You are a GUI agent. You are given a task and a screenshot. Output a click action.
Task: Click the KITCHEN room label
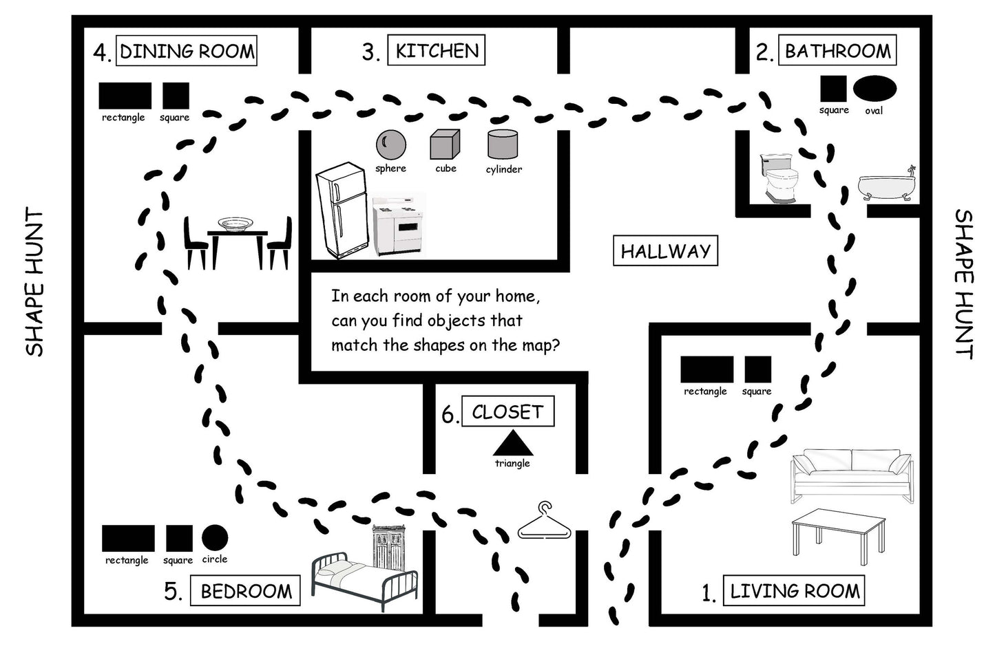pos(437,51)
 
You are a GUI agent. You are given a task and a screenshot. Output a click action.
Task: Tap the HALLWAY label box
pos(665,251)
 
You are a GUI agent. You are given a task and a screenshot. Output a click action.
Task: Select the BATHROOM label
pos(837,51)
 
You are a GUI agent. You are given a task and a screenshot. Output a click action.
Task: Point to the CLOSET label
pos(507,412)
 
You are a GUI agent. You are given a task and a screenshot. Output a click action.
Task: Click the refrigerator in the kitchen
pos(340,211)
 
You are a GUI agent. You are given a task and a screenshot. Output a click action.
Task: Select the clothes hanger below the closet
pos(545,523)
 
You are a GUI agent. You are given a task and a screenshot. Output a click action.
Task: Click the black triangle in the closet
pos(513,444)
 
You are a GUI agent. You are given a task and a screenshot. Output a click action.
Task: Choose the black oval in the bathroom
pos(874,89)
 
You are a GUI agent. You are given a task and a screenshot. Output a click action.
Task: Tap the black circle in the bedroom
pos(214,538)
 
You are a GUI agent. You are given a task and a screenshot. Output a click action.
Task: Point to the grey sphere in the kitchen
pos(390,144)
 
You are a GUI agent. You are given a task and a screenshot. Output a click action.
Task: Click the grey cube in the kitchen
pos(445,145)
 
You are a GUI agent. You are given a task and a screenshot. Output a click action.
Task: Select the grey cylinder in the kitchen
pos(502,144)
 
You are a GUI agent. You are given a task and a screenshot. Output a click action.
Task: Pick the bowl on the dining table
pos(235,224)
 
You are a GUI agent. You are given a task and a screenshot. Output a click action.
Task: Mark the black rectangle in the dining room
pos(125,96)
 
